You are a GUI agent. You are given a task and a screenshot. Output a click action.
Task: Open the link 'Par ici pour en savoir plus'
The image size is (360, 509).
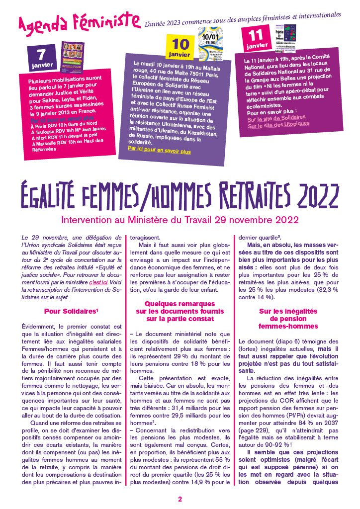click(159, 149)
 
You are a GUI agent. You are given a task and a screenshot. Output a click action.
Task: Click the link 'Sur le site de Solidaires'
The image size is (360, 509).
click(276, 117)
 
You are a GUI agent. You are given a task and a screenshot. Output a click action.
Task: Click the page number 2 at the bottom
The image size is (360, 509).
click(180, 499)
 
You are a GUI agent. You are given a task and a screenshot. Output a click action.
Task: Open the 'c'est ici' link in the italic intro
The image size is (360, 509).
click(98, 282)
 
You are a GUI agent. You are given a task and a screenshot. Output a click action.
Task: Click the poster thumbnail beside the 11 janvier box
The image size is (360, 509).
click(285, 38)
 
